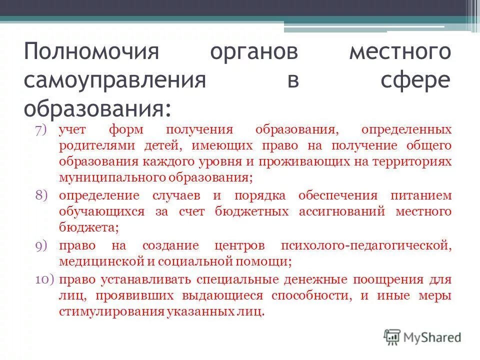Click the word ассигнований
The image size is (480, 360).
point(341,211)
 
